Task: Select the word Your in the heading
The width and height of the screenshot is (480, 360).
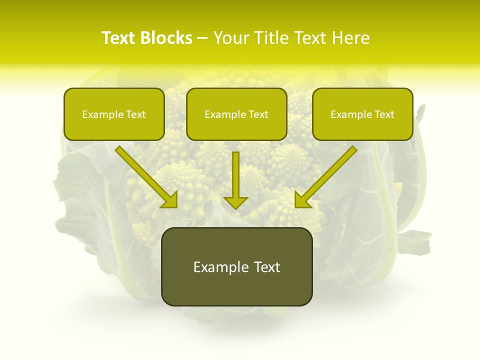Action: [231, 38]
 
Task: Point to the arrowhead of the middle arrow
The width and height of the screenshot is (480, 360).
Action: [235, 201]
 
